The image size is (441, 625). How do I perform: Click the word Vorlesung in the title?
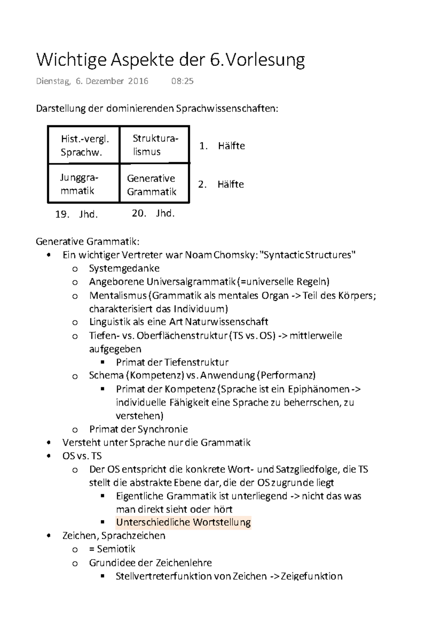pos(264,60)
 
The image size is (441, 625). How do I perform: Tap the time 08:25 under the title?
pos(182,81)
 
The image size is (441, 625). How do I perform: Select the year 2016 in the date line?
pos(138,81)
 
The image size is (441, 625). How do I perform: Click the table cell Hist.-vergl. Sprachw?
pos(84,145)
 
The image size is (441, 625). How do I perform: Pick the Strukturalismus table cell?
pos(154,145)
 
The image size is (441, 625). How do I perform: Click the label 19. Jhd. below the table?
pos(77,215)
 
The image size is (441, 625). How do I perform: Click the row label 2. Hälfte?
pos(221,184)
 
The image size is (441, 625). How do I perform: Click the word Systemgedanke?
pos(124,268)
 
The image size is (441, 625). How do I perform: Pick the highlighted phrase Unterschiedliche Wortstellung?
pos(183,522)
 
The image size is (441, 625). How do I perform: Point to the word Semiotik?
pos(116,549)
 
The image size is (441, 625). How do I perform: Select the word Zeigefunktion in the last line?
pos(311,576)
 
